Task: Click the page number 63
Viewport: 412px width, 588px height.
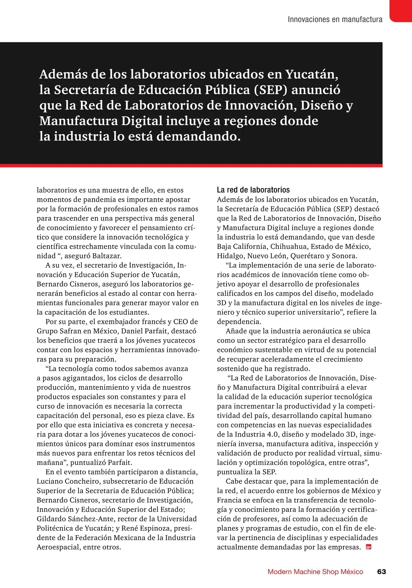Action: point(381,572)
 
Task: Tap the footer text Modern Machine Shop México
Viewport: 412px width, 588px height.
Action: point(315,572)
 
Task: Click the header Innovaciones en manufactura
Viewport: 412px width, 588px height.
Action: point(335,19)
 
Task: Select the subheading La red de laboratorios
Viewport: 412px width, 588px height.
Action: point(253,190)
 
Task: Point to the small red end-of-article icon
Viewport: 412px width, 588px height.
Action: point(369,547)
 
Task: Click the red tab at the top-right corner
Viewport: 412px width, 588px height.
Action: point(401,10)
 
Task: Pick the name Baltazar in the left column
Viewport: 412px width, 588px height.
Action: point(106,256)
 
